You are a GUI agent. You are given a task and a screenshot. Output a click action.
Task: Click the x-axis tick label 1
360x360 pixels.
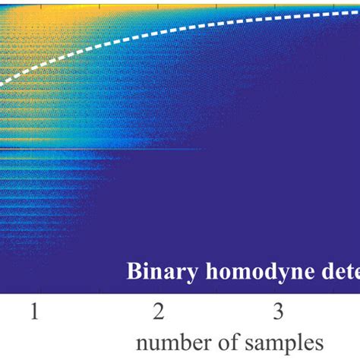point(34,312)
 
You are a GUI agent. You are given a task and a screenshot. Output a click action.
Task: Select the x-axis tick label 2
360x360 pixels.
point(157,312)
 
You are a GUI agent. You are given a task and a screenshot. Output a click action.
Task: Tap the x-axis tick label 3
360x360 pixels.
point(279,312)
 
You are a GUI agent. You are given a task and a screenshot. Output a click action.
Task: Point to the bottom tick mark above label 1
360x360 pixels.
point(34,291)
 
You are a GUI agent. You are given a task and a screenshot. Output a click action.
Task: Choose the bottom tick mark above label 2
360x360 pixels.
point(157,291)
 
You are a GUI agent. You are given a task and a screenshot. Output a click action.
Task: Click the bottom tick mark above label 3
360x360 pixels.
point(279,291)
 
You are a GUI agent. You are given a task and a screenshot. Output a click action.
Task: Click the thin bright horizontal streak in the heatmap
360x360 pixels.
point(99,149)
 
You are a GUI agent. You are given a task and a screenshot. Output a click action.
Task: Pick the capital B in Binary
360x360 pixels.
point(133,271)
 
